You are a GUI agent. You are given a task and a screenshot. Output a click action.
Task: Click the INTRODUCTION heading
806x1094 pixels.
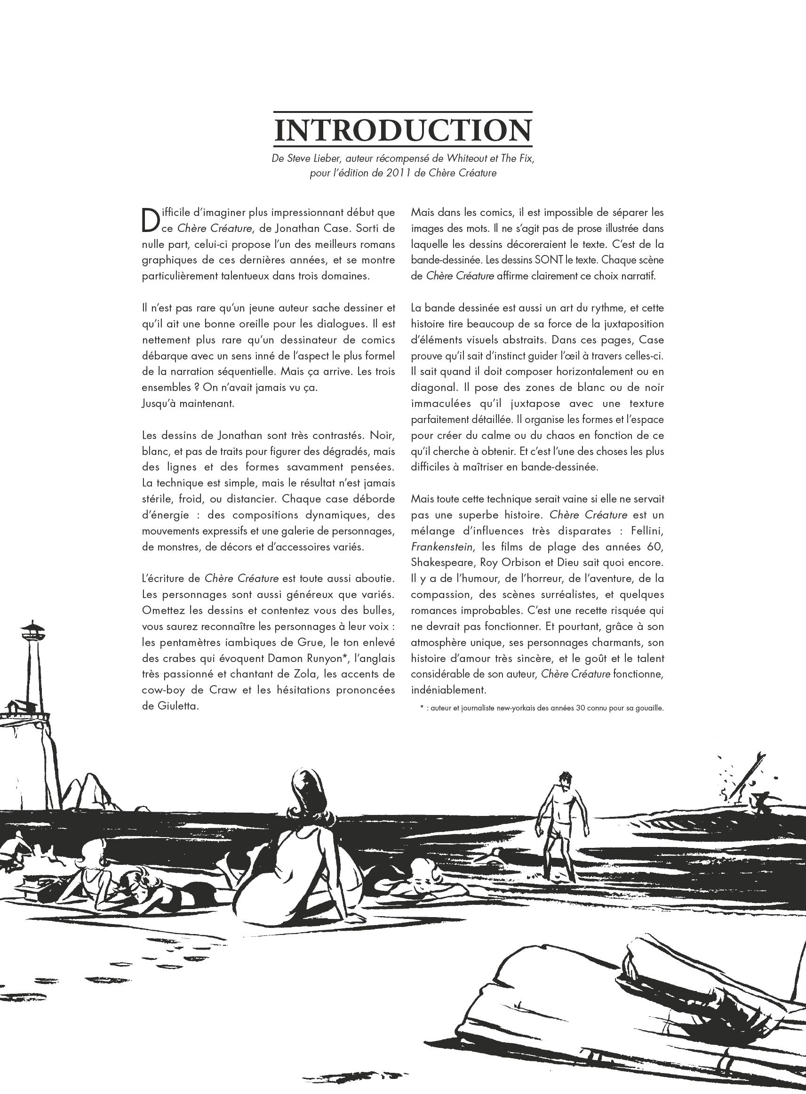pyautogui.click(x=402, y=130)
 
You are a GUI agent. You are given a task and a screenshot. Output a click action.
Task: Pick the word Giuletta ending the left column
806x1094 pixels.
pyautogui.click(x=170, y=706)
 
